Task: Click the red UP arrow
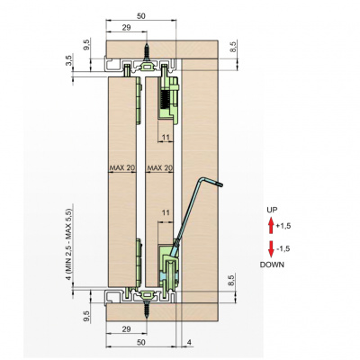pos(271,226)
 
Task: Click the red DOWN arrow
pos(271,249)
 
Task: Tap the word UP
pos(272,210)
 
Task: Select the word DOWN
pos(272,265)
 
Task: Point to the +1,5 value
pos(283,226)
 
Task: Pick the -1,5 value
pos(283,248)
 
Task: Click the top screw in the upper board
pos(147,52)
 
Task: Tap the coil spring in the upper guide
pos(165,100)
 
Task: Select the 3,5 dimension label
pos(69,60)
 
